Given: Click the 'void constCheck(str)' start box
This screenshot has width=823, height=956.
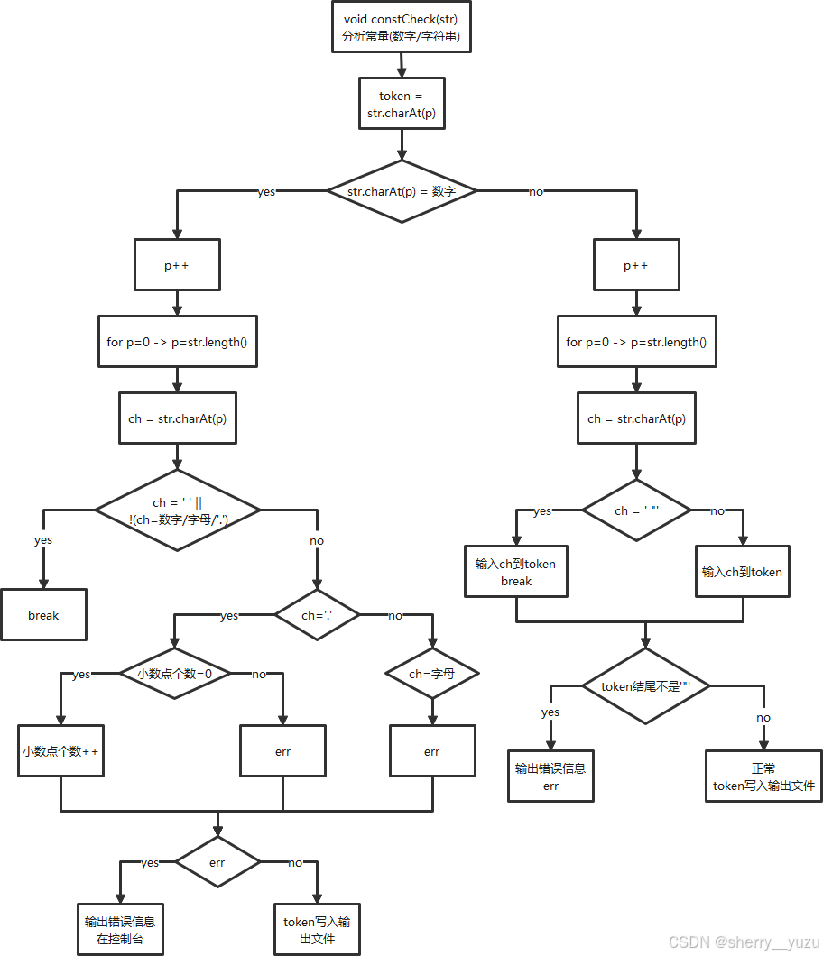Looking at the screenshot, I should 401,27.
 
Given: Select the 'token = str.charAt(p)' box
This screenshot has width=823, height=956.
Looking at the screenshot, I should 401,105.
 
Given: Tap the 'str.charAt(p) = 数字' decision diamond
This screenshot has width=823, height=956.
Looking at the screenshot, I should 401,191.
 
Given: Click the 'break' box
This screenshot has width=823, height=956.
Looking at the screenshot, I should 43,615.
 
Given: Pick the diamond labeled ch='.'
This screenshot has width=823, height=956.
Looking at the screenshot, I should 316,615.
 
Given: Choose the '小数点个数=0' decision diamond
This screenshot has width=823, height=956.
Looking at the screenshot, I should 174,673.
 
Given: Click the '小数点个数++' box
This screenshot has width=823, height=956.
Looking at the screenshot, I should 60,750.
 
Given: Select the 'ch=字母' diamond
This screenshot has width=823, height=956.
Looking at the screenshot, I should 431,673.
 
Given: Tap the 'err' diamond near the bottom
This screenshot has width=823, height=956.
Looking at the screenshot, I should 217,862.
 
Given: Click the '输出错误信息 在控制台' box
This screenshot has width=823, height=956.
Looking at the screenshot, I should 120,930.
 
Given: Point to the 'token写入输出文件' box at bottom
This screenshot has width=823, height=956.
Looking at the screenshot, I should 317,930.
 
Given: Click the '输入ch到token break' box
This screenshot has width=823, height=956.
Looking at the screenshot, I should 516,572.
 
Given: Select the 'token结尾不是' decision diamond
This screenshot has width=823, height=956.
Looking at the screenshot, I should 644,685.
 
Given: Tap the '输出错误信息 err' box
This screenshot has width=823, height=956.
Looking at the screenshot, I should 550,777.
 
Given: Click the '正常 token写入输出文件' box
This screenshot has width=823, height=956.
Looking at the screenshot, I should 763,777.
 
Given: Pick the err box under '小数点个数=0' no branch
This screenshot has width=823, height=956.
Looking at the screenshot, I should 283,750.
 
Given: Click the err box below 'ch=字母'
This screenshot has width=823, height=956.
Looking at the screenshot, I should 432,750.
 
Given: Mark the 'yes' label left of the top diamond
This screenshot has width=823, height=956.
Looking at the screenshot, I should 266,191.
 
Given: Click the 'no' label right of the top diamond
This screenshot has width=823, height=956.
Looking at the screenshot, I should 536,191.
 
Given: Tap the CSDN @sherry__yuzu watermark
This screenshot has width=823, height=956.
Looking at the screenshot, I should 743,941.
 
